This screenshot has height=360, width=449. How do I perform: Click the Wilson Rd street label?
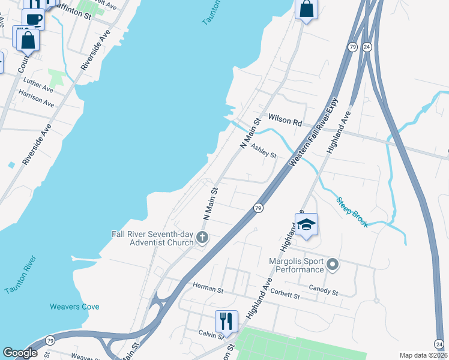click(x=285, y=121)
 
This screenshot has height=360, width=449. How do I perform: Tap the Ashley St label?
click(x=264, y=151)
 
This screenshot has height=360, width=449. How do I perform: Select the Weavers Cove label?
click(x=74, y=307)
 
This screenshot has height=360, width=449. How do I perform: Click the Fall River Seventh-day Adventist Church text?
click(x=152, y=238)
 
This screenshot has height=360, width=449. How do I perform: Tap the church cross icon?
click(x=202, y=238)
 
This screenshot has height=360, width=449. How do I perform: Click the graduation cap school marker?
click(x=307, y=225)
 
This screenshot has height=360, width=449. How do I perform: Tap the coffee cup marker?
click(x=34, y=19)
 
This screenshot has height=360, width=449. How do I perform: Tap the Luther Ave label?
click(x=38, y=85)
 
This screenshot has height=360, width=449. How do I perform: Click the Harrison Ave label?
click(x=36, y=99)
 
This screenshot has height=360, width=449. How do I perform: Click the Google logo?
click(x=20, y=353)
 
